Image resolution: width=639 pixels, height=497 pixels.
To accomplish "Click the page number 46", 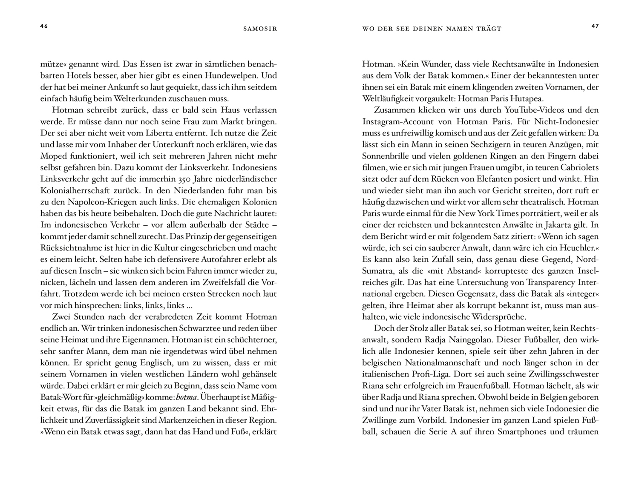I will (44, 26).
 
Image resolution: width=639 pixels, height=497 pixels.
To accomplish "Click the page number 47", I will (595, 26).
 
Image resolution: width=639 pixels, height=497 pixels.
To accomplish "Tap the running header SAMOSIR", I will (260, 29).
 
